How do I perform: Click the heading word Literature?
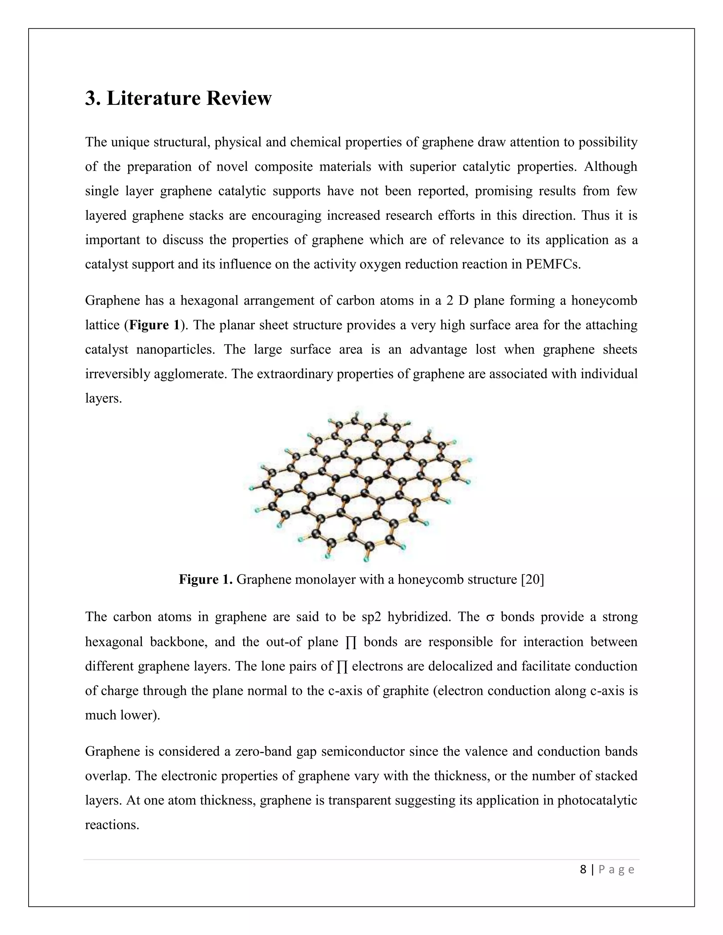click(x=153, y=98)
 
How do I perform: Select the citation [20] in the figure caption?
click(x=532, y=579)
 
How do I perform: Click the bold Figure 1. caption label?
click(x=205, y=579)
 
